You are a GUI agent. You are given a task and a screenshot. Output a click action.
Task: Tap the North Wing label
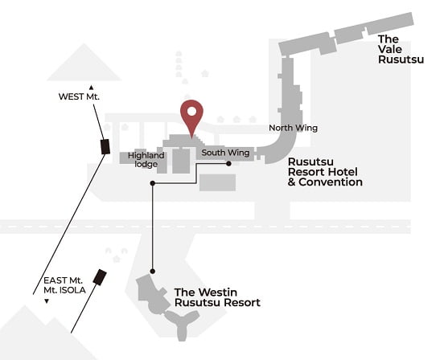pyautogui.click(x=293, y=128)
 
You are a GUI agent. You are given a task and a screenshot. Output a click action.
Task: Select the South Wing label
pyautogui.click(x=225, y=153)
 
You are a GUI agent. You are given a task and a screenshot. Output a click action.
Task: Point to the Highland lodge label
pyautogui.click(x=146, y=159)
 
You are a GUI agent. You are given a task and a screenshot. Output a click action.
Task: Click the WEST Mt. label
pyautogui.click(x=79, y=96)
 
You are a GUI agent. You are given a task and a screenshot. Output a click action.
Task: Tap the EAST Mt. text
pyautogui.click(x=63, y=280)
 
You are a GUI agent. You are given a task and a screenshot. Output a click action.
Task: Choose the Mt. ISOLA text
pyautogui.click(x=64, y=290)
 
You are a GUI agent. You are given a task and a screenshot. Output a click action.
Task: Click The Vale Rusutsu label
pyautogui.click(x=401, y=49)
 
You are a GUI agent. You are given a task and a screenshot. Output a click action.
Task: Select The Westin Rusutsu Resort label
pyautogui.click(x=217, y=297)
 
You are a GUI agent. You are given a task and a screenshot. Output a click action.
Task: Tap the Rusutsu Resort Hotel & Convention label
pyautogui.click(x=325, y=172)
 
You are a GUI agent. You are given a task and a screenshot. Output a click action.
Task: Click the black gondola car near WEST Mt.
pyautogui.click(x=105, y=146)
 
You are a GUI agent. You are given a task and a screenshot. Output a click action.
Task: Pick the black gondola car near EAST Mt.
pyautogui.click(x=100, y=277)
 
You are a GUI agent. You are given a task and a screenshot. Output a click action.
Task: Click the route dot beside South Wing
pyautogui.click(x=228, y=163)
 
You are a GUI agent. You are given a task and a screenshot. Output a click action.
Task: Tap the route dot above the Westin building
pyautogui.click(x=153, y=272)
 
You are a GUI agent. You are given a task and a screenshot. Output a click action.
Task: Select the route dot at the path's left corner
pyautogui.click(x=153, y=183)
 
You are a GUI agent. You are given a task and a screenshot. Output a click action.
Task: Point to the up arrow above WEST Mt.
pyautogui.click(x=91, y=88)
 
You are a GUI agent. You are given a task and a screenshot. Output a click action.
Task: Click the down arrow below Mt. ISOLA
pyautogui.click(x=47, y=301)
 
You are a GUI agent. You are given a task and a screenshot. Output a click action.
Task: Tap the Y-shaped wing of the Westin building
pyautogui.click(x=182, y=323)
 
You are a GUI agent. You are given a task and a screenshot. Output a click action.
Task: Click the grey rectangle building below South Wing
pyautogui.click(x=217, y=182)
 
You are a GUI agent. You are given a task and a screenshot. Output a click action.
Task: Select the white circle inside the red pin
pyautogui.click(x=191, y=111)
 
